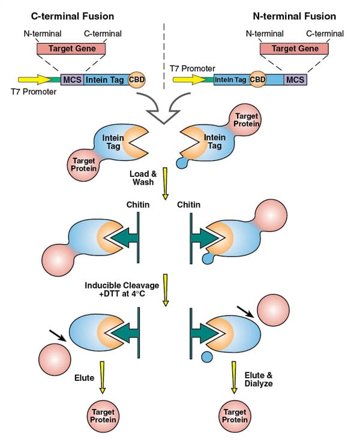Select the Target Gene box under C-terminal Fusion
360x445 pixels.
71,49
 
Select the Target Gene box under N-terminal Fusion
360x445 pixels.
293,49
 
